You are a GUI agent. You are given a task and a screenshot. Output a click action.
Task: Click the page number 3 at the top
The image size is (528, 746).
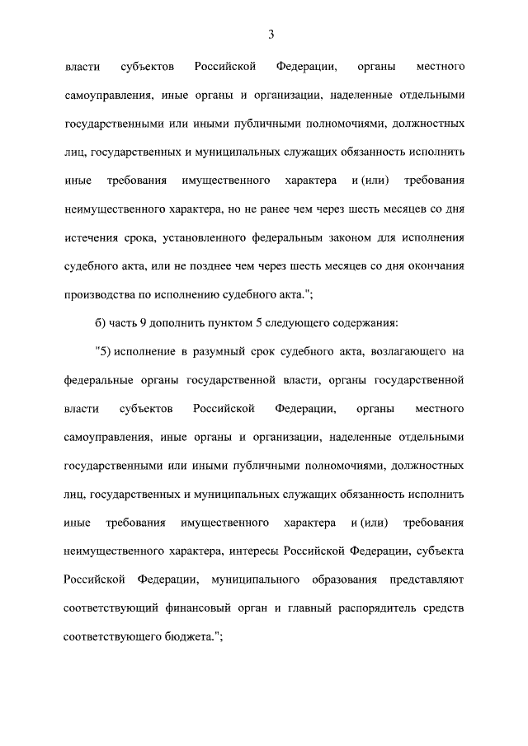point(270,34)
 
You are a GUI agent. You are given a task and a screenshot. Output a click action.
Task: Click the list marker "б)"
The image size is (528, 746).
point(101,323)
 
